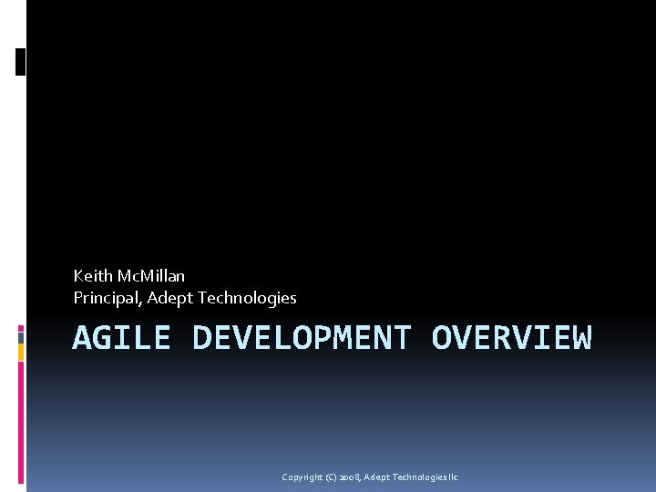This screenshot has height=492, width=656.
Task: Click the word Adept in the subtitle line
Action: [x=167, y=298]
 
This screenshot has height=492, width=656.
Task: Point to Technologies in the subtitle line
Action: [x=245, y=298]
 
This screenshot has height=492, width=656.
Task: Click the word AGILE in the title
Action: [x=121, y=338]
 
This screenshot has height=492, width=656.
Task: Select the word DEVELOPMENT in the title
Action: [x=302, y=338]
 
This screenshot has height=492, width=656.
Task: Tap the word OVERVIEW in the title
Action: [x=511, y=338]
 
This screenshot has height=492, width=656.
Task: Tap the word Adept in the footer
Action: [x=375, y=477]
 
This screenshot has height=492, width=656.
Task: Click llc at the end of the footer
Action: [x=453, y=477]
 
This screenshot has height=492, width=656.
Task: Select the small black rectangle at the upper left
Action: [x=21, y=61]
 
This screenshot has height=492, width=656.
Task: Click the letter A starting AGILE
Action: [x=82, y=338]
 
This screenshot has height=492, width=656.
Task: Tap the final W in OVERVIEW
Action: [x=582, y=338]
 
